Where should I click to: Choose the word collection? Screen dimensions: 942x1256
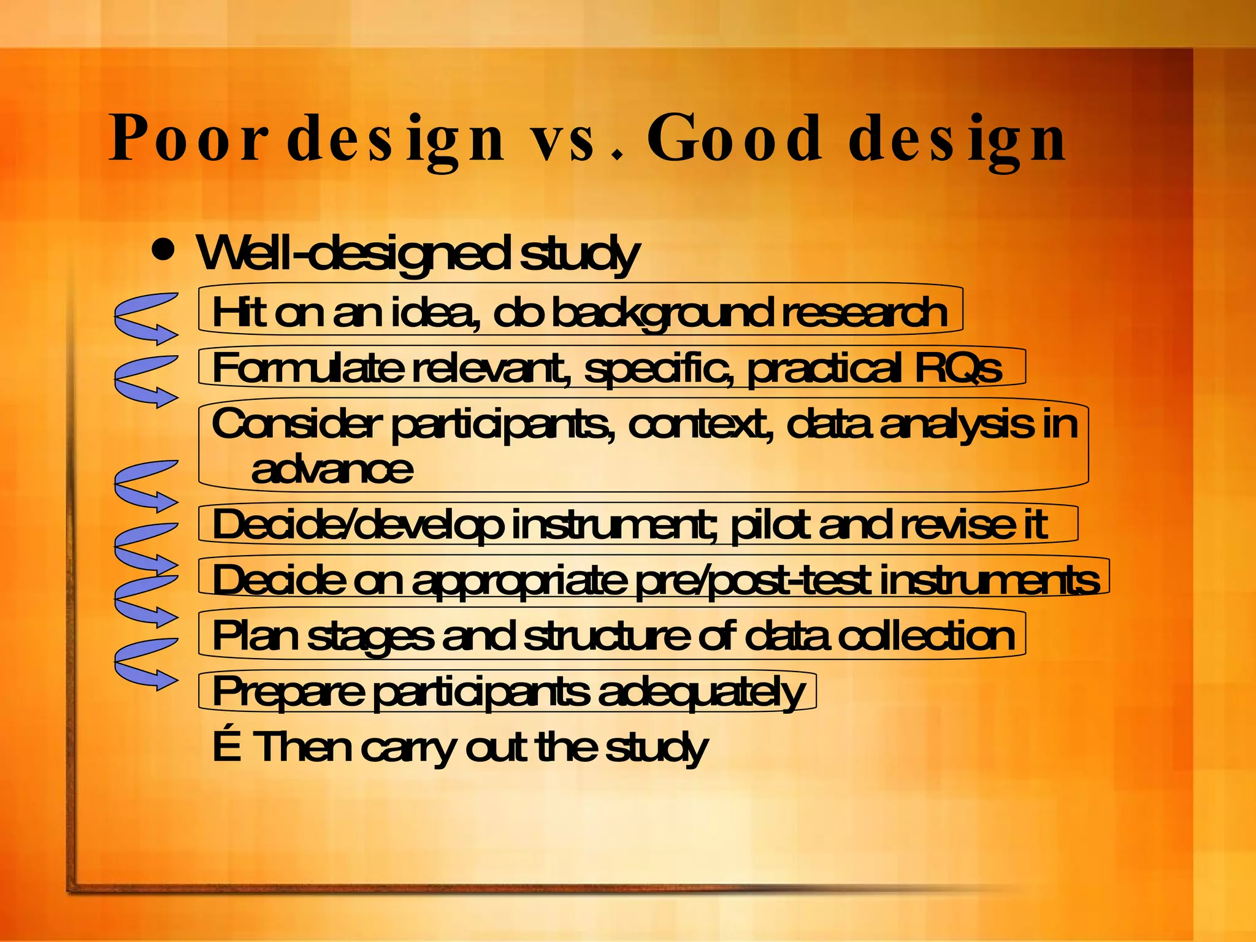[925, 636]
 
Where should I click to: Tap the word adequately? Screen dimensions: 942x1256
[701, 692]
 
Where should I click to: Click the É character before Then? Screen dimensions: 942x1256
[226, 747]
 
